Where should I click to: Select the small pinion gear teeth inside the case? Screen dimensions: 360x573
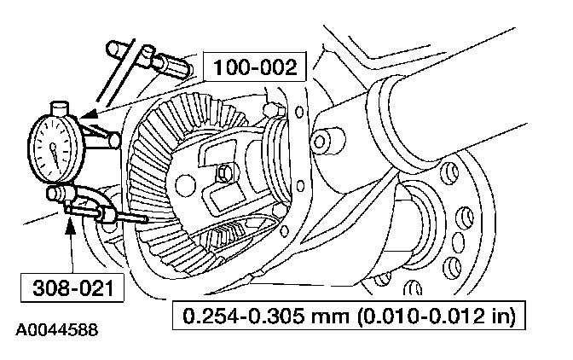pos(229,232)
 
